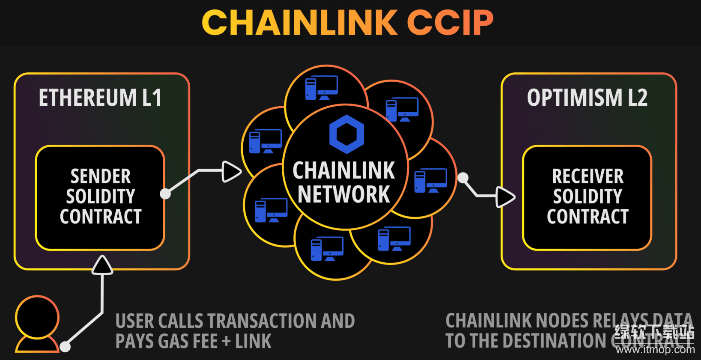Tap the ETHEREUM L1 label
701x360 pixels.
(x=100, y=98)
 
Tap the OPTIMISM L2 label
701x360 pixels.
(x=587, y=98)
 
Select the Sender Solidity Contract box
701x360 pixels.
(x=100, y=197)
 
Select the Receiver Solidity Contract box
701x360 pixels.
(x=587, y=197)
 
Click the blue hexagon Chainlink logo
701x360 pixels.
(x=346, y=134)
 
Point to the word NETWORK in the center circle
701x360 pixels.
(x=344, y=194)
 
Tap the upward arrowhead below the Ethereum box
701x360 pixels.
(x=102, y=265)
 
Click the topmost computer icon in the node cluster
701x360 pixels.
(x=321, y=87)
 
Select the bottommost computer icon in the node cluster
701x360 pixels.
(x=327, y=249)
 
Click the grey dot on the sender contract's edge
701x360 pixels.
(x=165, y=194)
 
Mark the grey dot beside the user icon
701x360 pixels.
(x=65, y=346)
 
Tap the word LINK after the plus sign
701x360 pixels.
(x=254, y=342)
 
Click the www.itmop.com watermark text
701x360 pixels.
(x=655, y=350)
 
